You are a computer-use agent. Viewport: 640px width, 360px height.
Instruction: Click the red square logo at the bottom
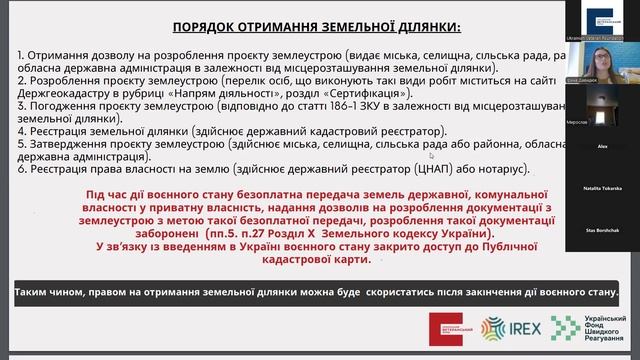[445, 326]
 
